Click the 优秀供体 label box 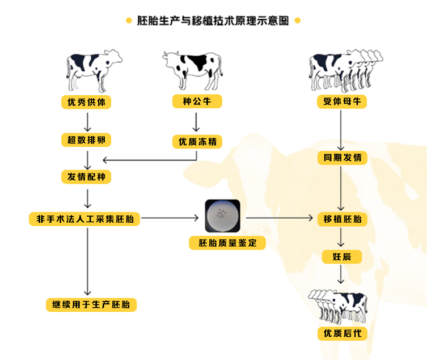(86, 102)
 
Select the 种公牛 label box (197, 101)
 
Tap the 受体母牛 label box (342, 101)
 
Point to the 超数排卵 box (86, 140)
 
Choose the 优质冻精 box (197, 142)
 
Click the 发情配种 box (86, 177)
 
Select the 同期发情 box (343, 158)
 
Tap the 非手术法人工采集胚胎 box (84, 219)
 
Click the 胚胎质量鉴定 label (227, 243)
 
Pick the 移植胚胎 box (343, 219)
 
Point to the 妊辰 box (342, 257)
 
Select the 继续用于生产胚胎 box (91, 304)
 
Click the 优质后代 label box (343, 333)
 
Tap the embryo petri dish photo (222, 216)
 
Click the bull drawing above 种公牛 (193, 70)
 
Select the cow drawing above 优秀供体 (94, 71)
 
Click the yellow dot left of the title (129, 20)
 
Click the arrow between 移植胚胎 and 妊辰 (341, 237)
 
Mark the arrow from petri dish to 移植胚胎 (280, 218)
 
